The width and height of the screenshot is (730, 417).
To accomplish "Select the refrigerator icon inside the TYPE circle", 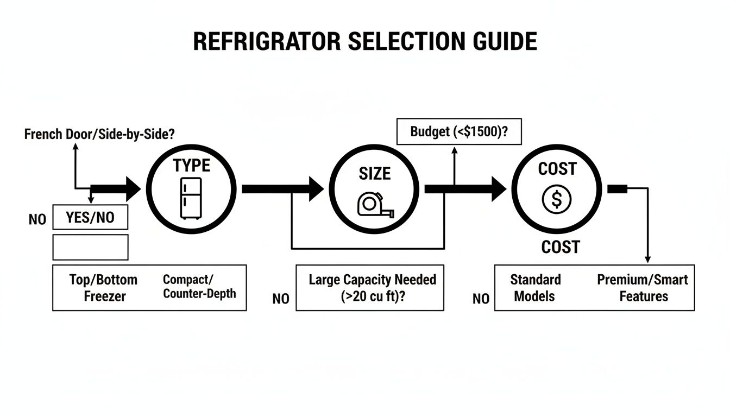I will [x=191, y=198].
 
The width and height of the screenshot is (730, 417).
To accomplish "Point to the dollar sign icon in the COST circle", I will [x=556, y=200].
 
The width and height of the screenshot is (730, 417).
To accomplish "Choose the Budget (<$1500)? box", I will [x=459, y=131].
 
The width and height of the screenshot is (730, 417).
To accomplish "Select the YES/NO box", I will [x=90, y=218].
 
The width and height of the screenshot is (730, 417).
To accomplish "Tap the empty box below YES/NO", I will [x=90, y=247].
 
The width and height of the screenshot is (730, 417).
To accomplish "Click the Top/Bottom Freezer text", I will [x=103, y=288].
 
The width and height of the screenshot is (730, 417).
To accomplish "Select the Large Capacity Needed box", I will [x=372, y=288].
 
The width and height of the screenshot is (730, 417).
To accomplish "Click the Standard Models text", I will [x=535, y=288].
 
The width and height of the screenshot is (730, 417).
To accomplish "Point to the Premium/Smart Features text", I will [x=643, y=288].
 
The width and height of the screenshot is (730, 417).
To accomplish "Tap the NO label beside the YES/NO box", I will [x=37, y=220].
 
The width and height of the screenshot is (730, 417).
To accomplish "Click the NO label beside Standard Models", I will [x=481, y=299].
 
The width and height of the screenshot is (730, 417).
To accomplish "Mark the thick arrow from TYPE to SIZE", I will [x=282, y=189].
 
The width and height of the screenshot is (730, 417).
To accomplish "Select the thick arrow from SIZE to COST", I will [x=465, y=189].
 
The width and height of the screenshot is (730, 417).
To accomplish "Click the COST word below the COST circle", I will [x=560, y=248].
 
